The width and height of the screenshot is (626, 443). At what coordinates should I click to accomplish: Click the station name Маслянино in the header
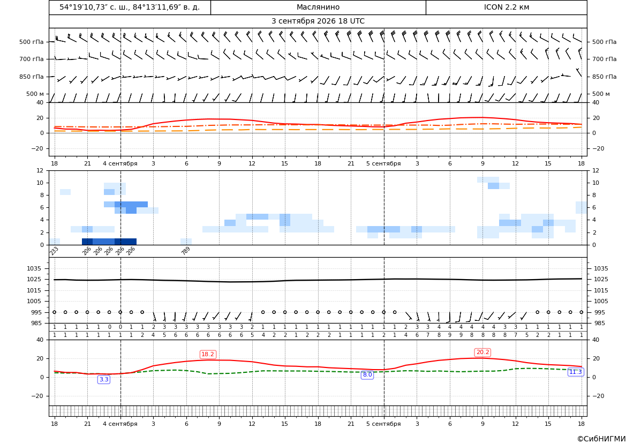point(318,7)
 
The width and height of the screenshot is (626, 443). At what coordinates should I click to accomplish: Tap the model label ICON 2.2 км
point(506,7)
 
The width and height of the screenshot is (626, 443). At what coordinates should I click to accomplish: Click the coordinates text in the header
point(130,7)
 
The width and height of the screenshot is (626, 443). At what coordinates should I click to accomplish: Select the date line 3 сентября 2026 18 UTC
point(318,21)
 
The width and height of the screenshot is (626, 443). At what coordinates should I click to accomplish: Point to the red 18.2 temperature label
point(208,354)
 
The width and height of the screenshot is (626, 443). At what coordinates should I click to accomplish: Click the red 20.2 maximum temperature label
point(482,352)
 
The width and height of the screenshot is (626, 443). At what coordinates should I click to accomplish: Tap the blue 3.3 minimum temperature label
point(104,379)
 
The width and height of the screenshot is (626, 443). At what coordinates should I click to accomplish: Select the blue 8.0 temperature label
point(367,374)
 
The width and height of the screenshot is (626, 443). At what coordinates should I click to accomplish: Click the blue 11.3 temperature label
point(575,372)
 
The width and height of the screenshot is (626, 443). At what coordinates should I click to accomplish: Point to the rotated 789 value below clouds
point(186,251)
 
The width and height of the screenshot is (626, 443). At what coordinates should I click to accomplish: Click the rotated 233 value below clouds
point(54,251)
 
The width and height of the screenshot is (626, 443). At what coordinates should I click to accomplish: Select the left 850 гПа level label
point(32,77)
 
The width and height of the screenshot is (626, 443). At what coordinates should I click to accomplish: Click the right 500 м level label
point(601,94)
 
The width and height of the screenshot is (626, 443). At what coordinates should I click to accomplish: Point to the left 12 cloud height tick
point(40,170)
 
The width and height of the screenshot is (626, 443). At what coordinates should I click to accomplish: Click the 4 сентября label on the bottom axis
point(120,424)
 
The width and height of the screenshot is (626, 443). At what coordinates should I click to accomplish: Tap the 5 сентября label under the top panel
point(383,163)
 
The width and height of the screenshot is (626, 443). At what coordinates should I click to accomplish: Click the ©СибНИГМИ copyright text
point(601,439)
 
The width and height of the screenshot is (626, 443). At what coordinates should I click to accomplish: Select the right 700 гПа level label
point(604,59)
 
